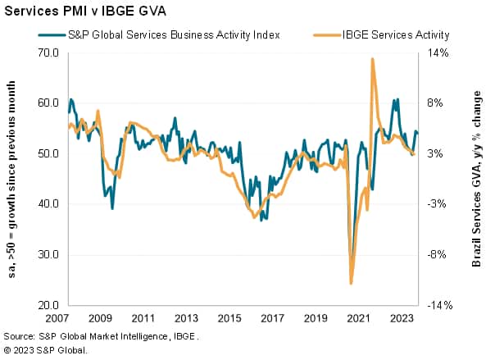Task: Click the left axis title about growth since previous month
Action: coord(14,179)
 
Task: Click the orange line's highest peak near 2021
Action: coord(373,59)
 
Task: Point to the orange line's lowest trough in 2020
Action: coord(352,284)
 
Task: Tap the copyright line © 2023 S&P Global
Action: coord(45,350)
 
